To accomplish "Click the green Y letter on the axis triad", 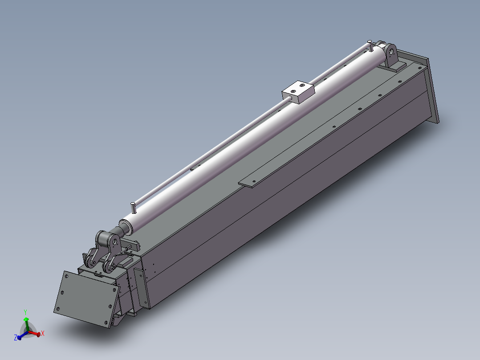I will (x=25, y=312).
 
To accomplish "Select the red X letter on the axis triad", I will (x=43, y=333).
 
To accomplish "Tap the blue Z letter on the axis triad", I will (x=16, y=338).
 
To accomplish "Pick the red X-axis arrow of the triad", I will (x=35, y=332).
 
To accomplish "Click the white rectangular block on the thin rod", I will (x=298, y=91).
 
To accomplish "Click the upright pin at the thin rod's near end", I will (x=133, y=207).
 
